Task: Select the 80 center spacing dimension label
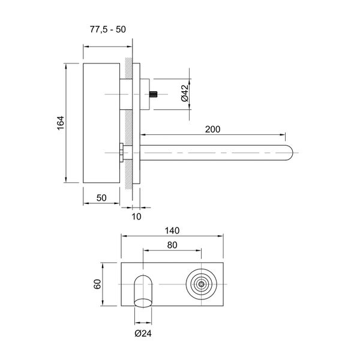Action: [x=173, y=244]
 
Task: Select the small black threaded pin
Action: [x=154, y=94]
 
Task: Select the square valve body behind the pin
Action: [x=145, y=94]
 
